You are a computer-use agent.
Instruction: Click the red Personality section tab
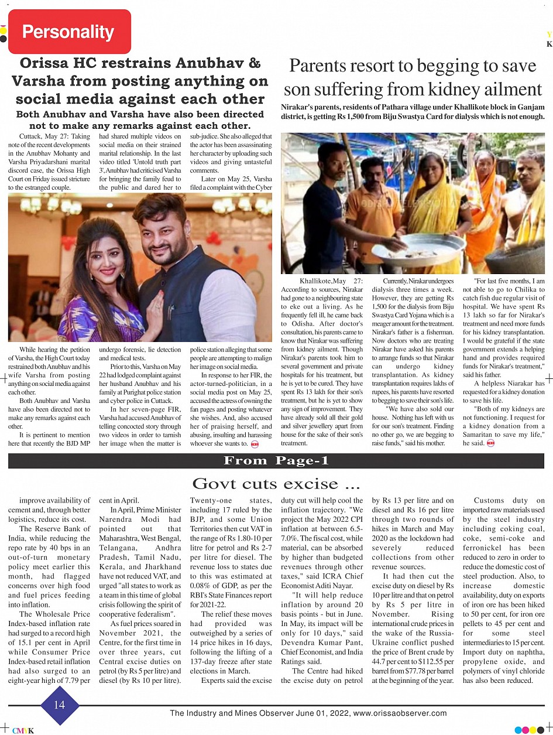click(68, 32)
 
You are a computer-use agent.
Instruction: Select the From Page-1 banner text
click(276, 461)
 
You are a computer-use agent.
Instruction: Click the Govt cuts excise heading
click(276, 484)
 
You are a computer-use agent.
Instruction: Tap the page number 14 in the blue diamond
click(60, 705)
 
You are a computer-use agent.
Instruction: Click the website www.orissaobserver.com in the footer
click(400, 713)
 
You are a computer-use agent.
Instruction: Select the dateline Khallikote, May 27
click(331, 282)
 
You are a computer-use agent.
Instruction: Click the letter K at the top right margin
click(549, 44)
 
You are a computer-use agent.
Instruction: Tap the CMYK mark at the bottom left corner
click(23, 730)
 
